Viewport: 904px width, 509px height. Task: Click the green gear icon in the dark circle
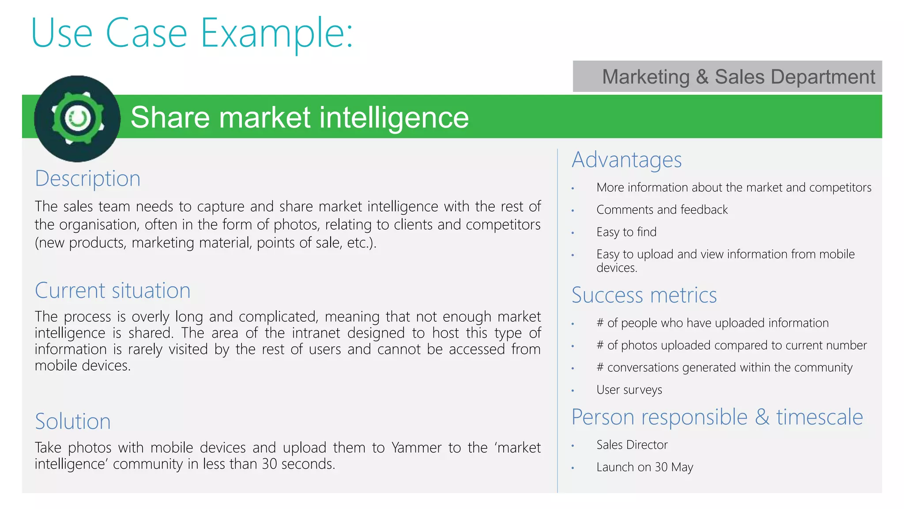pyautogui.click(x=78, y=118)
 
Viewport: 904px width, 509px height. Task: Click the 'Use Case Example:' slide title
pyautogui.click(x=192, y=33)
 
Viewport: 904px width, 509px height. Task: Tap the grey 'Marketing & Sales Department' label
pyautogui.click(x=738, y=77)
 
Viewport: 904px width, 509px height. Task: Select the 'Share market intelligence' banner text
pyautogui.click(x=299, y=118)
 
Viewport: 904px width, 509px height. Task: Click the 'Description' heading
pyautogui.click(x=87, y=179)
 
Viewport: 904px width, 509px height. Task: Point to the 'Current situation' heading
pyautogui.click(x=113, y=291)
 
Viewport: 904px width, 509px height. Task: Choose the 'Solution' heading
pyautogui.click(x=73, y=422)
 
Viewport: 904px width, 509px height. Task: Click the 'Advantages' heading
pyautogui.click(x=626, y=160)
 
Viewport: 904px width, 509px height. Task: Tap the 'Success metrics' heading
pyautogui.click(x=644, y=295)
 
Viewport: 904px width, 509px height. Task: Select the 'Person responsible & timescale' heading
pyautogui.click(x=717, y=418)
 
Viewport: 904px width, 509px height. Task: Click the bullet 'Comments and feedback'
pyautogui.click(x=662, y=210)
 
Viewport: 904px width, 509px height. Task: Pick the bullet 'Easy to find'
pyautogui.click(x=626, y=232)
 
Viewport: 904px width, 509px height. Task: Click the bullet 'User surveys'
pyautogui.click(x=629, y=390)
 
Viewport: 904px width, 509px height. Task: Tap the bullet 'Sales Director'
pyautogui.click(x=632, y=445)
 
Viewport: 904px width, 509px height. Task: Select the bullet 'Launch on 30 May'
pyautogui.click(x=644, y=467)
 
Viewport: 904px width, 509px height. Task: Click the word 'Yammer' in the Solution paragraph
pyautogui.click(x=416, y=448)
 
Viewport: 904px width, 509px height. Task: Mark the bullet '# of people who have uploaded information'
pyautogui.click(x=712, y=323)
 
